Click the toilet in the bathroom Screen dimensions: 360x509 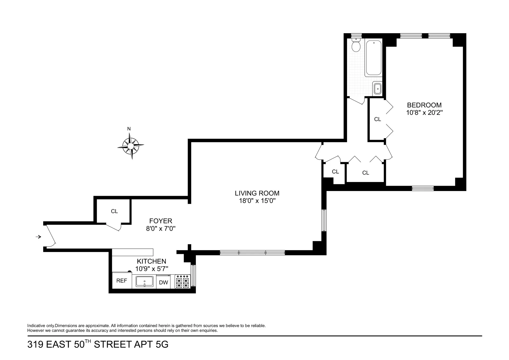click(356, 46)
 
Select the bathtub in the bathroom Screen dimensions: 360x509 click(374, 58)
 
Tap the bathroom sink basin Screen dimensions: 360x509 click(377, 89)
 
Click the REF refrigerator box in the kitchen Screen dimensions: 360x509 click(122, 280)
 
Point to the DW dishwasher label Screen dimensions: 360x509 click(164, 283)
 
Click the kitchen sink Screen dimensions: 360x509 click(144, 281)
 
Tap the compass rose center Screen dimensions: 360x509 click(130, 145)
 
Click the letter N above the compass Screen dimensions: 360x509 click(129, 129)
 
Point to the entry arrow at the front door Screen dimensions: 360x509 click(39, 237)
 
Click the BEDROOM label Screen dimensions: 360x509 click(424, 105)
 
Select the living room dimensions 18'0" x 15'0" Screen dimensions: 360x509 click(257, 201)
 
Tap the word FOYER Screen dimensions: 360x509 click(161, 221)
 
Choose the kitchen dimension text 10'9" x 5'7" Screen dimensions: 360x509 click(152, 269)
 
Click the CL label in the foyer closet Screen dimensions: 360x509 click(114, 211)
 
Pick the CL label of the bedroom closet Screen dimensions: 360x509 click(378, 119)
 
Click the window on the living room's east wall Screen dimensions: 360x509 click(324, 220)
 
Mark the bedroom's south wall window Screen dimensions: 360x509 click(423, 188)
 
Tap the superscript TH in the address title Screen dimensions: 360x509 click(89, 342)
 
